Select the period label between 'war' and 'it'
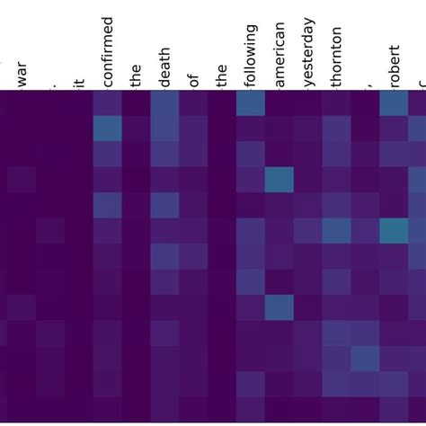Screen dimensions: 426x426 50,84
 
